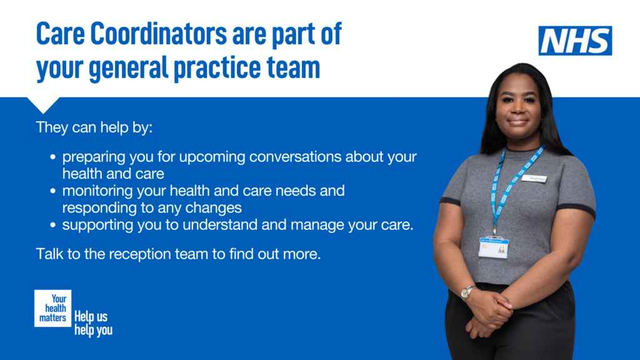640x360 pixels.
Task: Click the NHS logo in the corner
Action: (575, 41)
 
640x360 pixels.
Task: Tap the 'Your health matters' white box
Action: (53, 308)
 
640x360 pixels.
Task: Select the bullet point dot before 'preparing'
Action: (54, 157)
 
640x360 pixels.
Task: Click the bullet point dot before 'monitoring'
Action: (54, 191)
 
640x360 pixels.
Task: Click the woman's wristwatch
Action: (467, 292)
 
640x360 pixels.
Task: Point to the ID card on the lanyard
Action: (493, 247)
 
